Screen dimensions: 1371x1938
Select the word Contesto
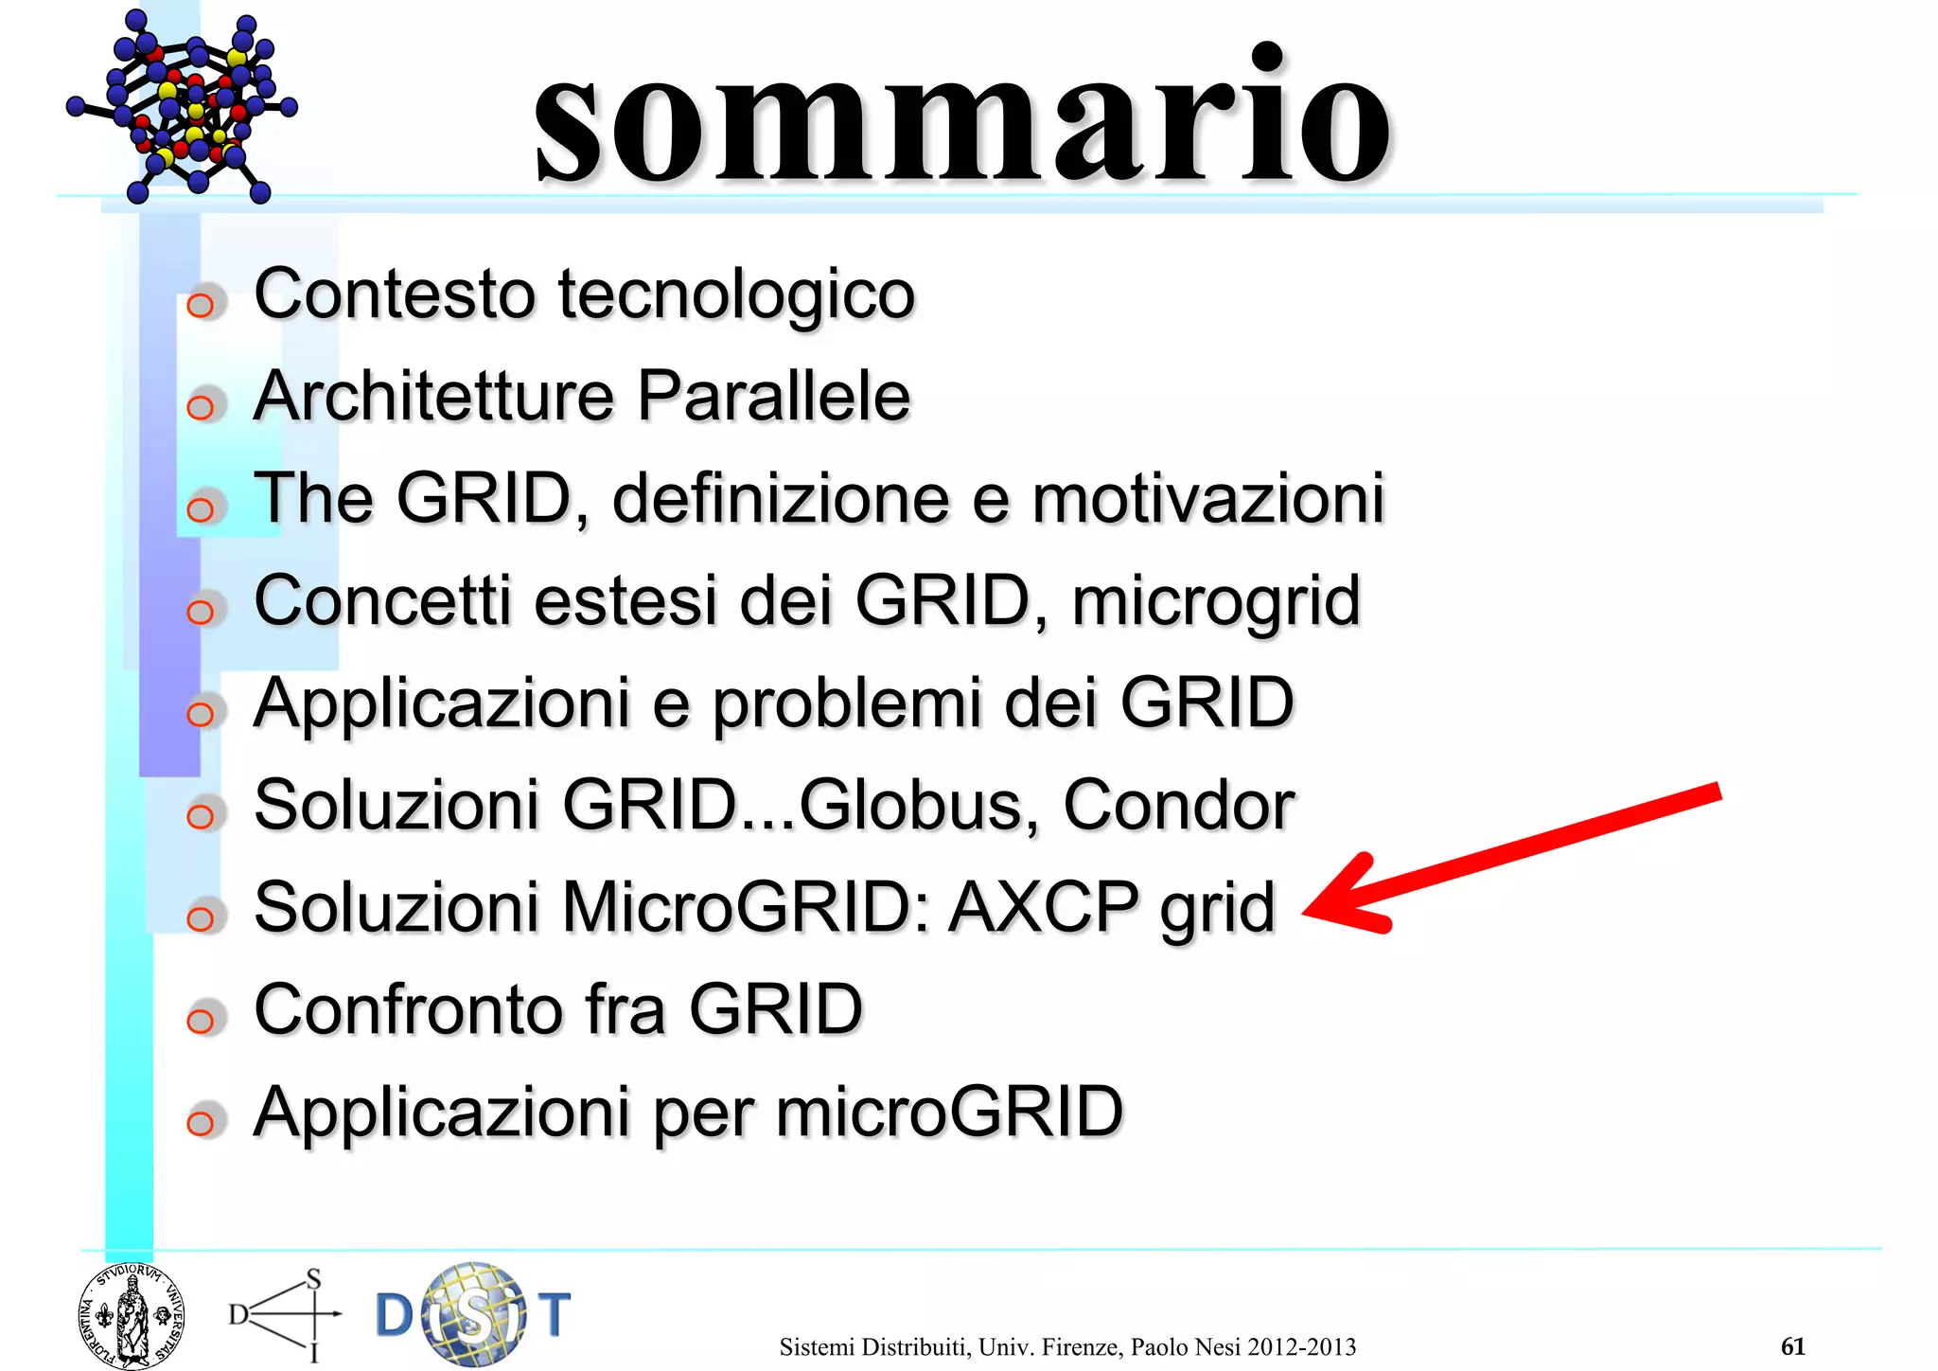click(x=395, y=294)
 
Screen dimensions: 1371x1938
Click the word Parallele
click(x=773, y=397)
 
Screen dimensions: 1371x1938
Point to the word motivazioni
click(x=1207, y=499)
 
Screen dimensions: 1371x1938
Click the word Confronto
click(x=409, y=1010)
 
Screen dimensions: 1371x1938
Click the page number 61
click(x=1792, y=1346)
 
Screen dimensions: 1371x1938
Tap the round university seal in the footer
click(x=132, y=1316)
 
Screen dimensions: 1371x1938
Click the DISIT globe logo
click(x=473, y=1314)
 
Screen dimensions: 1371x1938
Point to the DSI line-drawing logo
click(x=284, y=1314)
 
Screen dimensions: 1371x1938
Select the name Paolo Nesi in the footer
click(x=1186, y=1347)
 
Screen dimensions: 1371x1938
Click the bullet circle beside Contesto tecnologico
click(x=201, y=305)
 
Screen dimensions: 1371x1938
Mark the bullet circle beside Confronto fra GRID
click(x=201, y=1021)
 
